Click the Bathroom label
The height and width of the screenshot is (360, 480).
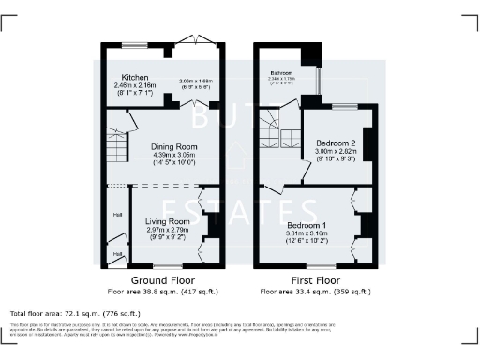point(283,73)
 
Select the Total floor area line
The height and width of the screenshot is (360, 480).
point(75,313)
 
